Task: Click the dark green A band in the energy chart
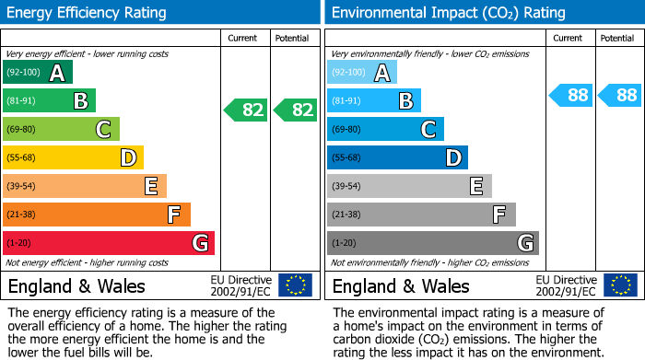38,73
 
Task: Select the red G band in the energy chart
109,243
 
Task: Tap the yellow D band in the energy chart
74,158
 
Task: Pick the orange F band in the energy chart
97,215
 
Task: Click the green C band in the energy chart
62,130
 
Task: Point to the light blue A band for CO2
362,73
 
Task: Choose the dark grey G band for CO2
433,243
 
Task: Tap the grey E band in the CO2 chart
410,187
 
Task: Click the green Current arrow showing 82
246,110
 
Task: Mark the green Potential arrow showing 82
296,110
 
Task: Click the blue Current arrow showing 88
571,95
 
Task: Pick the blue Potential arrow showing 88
620,95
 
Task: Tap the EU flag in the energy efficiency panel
296,285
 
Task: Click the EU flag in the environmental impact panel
620,285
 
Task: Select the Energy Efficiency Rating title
88,13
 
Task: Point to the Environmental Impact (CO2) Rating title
448,13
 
